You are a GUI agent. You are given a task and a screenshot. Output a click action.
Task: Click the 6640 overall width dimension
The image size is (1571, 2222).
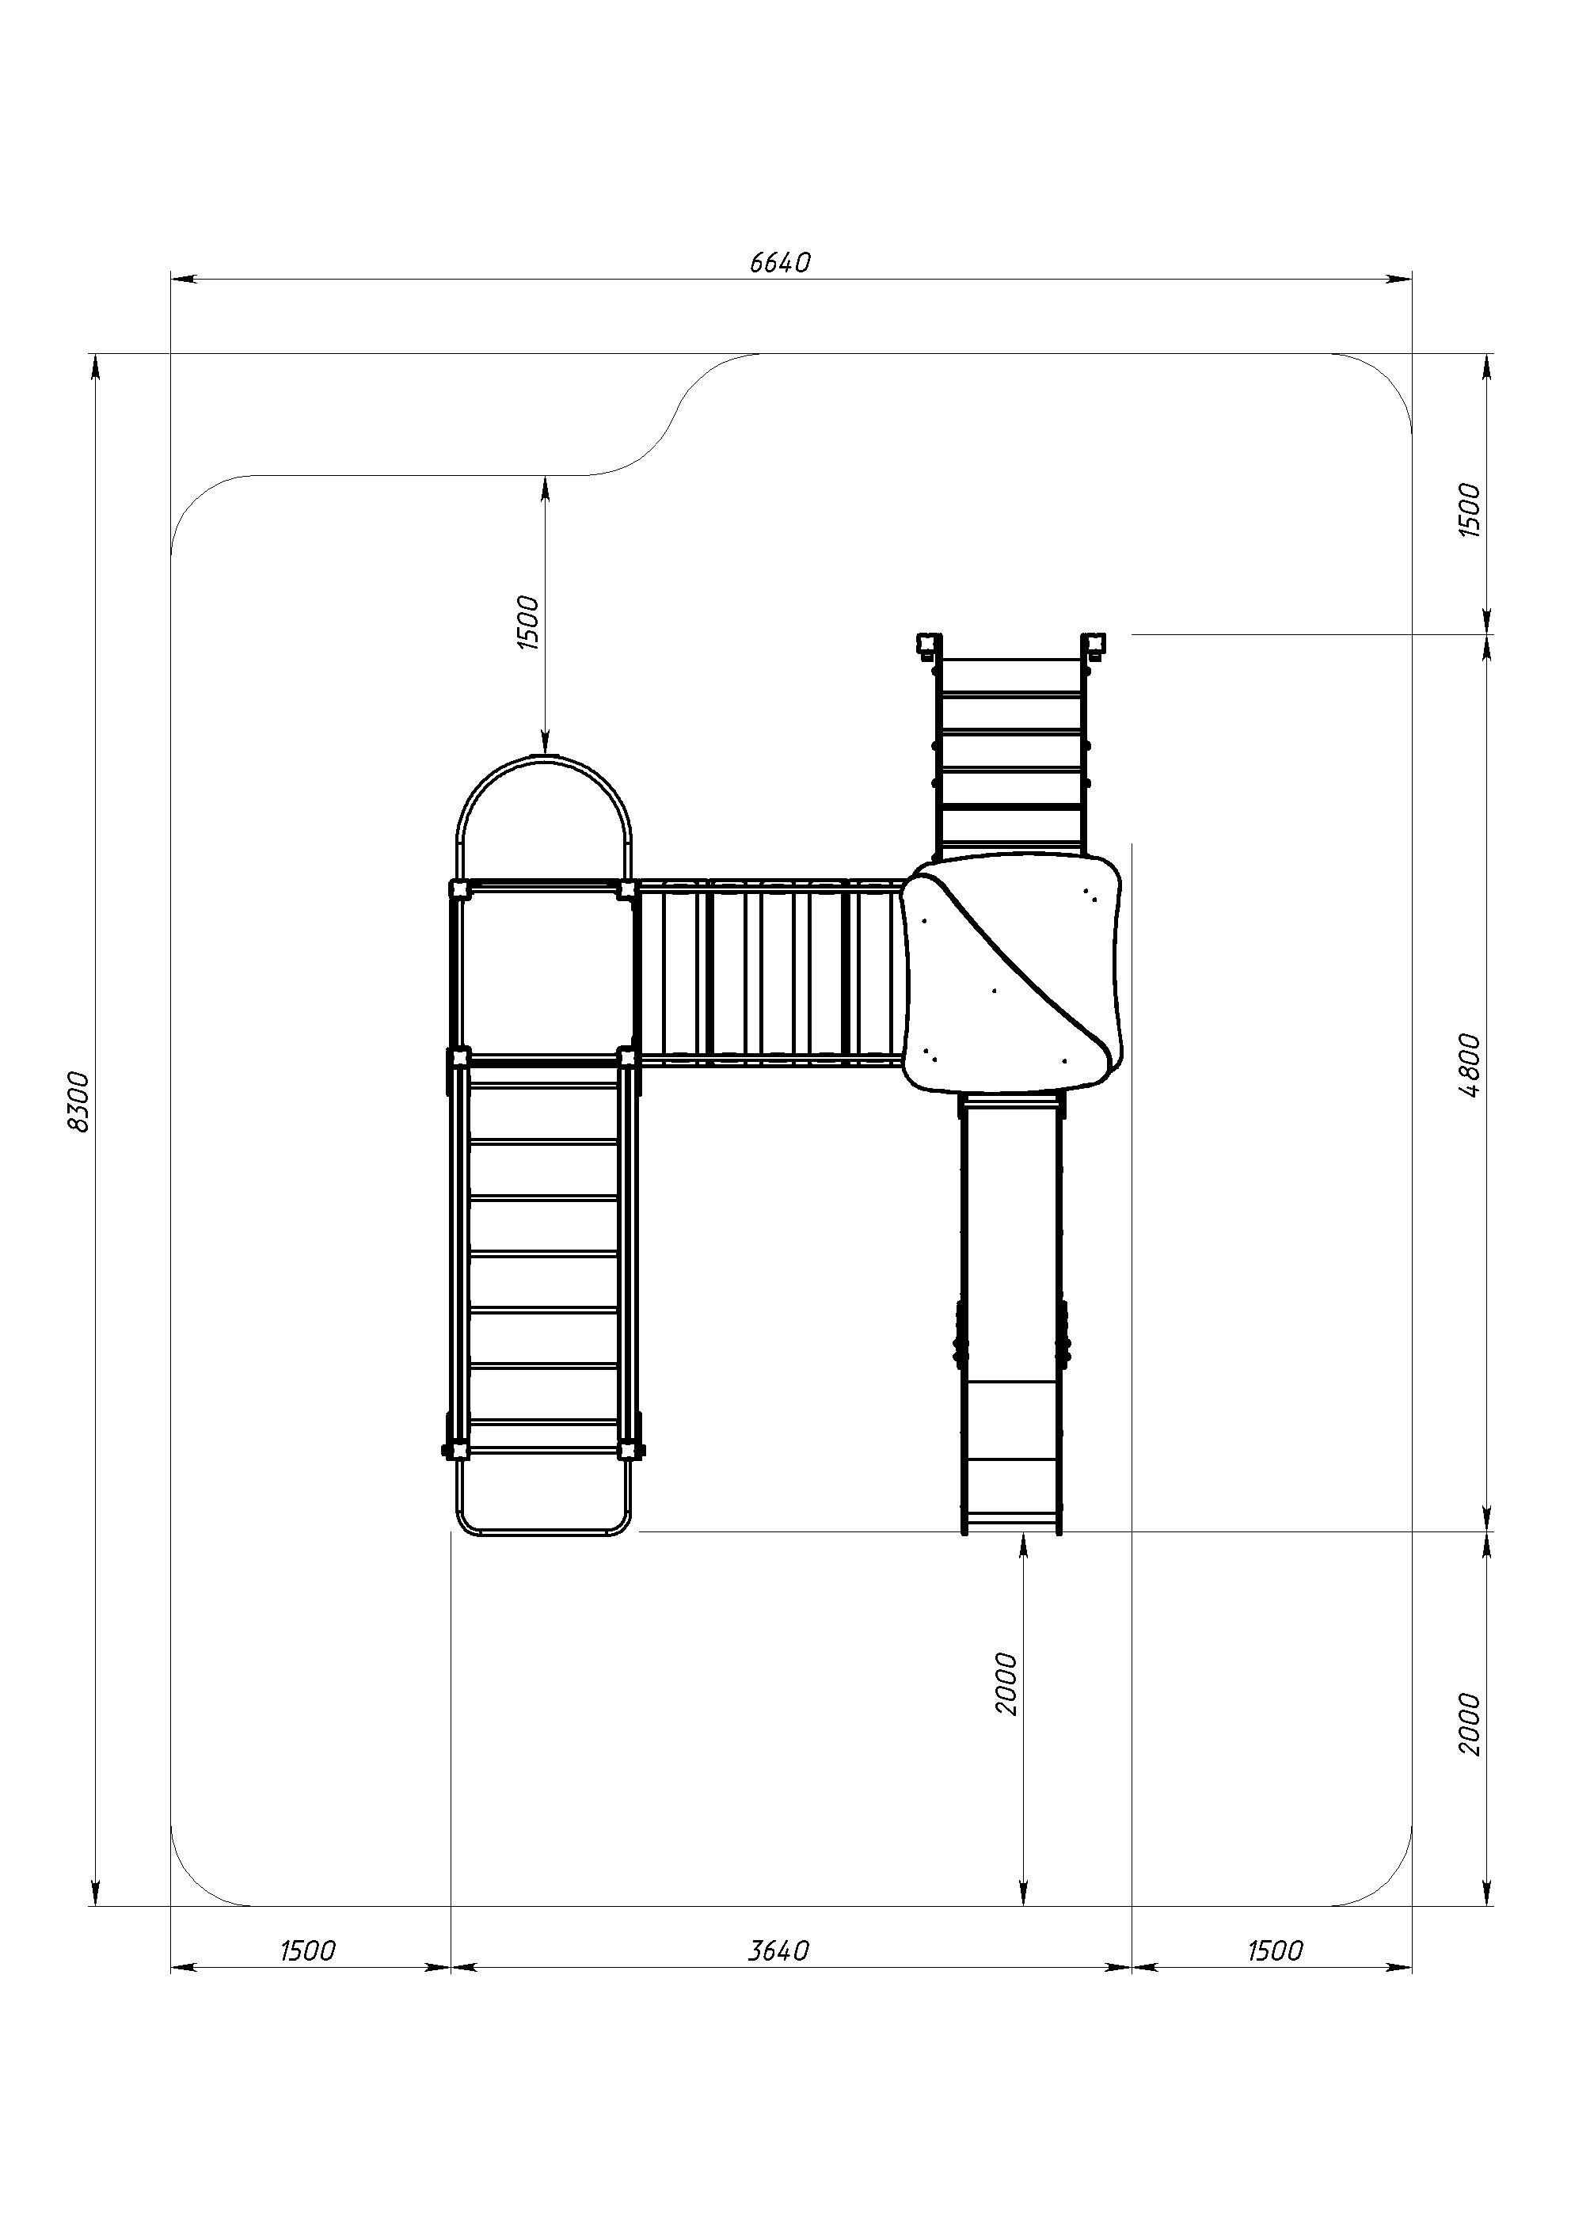779,263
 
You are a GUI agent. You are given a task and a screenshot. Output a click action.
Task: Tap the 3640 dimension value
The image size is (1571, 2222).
778,1951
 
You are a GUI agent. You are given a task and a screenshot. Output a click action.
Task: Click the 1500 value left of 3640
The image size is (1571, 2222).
308,1951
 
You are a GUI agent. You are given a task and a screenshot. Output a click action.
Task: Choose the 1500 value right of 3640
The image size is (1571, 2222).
1275,1951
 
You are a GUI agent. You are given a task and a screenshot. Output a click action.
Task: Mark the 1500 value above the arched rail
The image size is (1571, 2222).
527,622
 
